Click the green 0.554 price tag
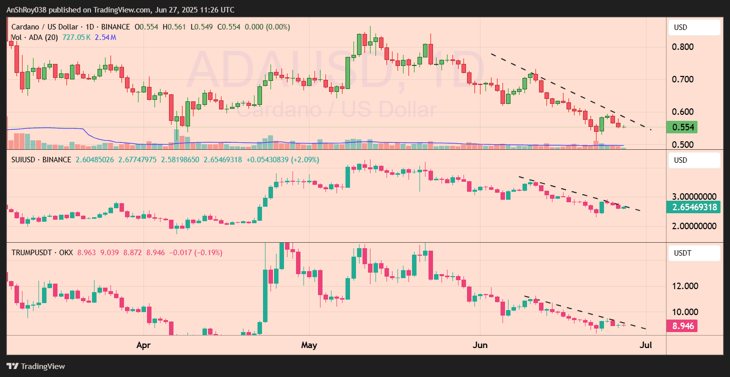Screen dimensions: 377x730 683,127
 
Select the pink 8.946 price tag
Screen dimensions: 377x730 682,327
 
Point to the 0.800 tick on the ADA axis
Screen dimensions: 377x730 683,47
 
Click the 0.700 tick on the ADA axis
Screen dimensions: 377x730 683,79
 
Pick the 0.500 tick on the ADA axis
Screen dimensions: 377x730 683,145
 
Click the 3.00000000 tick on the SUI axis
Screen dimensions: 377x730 694,196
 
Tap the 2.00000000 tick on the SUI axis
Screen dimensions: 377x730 694,226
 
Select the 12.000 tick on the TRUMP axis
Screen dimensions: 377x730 685,286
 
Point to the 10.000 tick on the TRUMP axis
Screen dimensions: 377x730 685,312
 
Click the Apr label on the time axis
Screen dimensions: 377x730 143,345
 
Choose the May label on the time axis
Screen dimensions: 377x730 309,345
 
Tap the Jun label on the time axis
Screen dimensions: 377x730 480,345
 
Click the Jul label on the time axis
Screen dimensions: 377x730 646,345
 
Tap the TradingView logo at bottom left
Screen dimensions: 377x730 35,366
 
